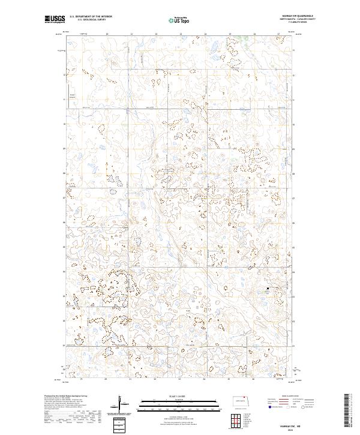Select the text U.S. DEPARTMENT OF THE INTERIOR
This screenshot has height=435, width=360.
(91, 17)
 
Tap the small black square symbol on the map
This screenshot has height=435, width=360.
(268, 289)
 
